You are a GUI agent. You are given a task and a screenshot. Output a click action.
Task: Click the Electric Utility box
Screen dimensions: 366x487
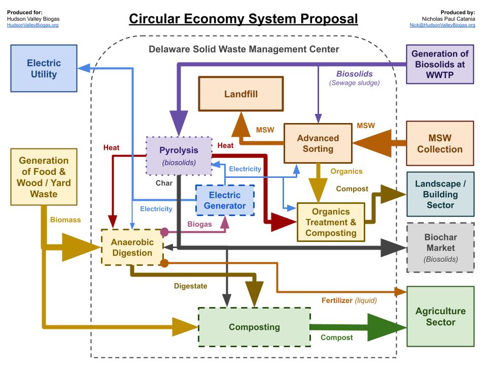click(44, 69)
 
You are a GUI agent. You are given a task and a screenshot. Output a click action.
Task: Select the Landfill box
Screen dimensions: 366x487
click(240, 94)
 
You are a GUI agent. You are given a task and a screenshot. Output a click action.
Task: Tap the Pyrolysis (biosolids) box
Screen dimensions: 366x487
click(179, 156)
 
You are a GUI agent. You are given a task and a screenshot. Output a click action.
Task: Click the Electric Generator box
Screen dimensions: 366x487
click(225, 200)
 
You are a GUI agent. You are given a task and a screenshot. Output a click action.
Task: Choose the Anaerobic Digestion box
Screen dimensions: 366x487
click(132, 247)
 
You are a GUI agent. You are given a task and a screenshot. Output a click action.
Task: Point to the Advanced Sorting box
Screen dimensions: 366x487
click(318, 143)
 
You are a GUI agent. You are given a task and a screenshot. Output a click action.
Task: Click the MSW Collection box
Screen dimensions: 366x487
click(440, 143)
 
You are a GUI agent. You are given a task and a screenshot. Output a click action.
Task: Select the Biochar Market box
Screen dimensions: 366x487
click(440, 248)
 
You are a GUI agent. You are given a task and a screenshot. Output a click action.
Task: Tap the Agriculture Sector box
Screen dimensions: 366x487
click(440, 316)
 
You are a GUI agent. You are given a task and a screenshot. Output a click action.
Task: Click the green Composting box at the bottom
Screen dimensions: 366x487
click(254, 327)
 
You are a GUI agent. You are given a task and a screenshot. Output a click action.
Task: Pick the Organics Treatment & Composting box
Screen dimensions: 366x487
click(330, 222)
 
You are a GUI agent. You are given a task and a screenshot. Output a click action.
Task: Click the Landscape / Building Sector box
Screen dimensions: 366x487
click(440, 194)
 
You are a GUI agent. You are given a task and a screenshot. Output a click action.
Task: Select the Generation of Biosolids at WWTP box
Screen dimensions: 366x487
click(440, 65)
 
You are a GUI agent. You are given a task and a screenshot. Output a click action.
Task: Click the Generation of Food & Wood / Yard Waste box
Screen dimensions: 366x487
click(44, 177)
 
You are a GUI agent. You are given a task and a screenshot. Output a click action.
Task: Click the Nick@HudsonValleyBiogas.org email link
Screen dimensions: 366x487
click(442, 25)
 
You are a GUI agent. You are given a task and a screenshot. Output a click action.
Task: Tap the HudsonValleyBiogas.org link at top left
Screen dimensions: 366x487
click(33, 25)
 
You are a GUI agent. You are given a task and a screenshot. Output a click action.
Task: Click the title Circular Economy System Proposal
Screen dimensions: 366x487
click(243, 19)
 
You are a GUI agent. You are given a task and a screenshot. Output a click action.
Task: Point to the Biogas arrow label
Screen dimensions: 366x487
click(199, 224)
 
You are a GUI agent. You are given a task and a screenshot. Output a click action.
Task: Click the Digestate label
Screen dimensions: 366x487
click(190, 286)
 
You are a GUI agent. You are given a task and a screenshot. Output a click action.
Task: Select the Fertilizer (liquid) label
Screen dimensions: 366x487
click(349, 300)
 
